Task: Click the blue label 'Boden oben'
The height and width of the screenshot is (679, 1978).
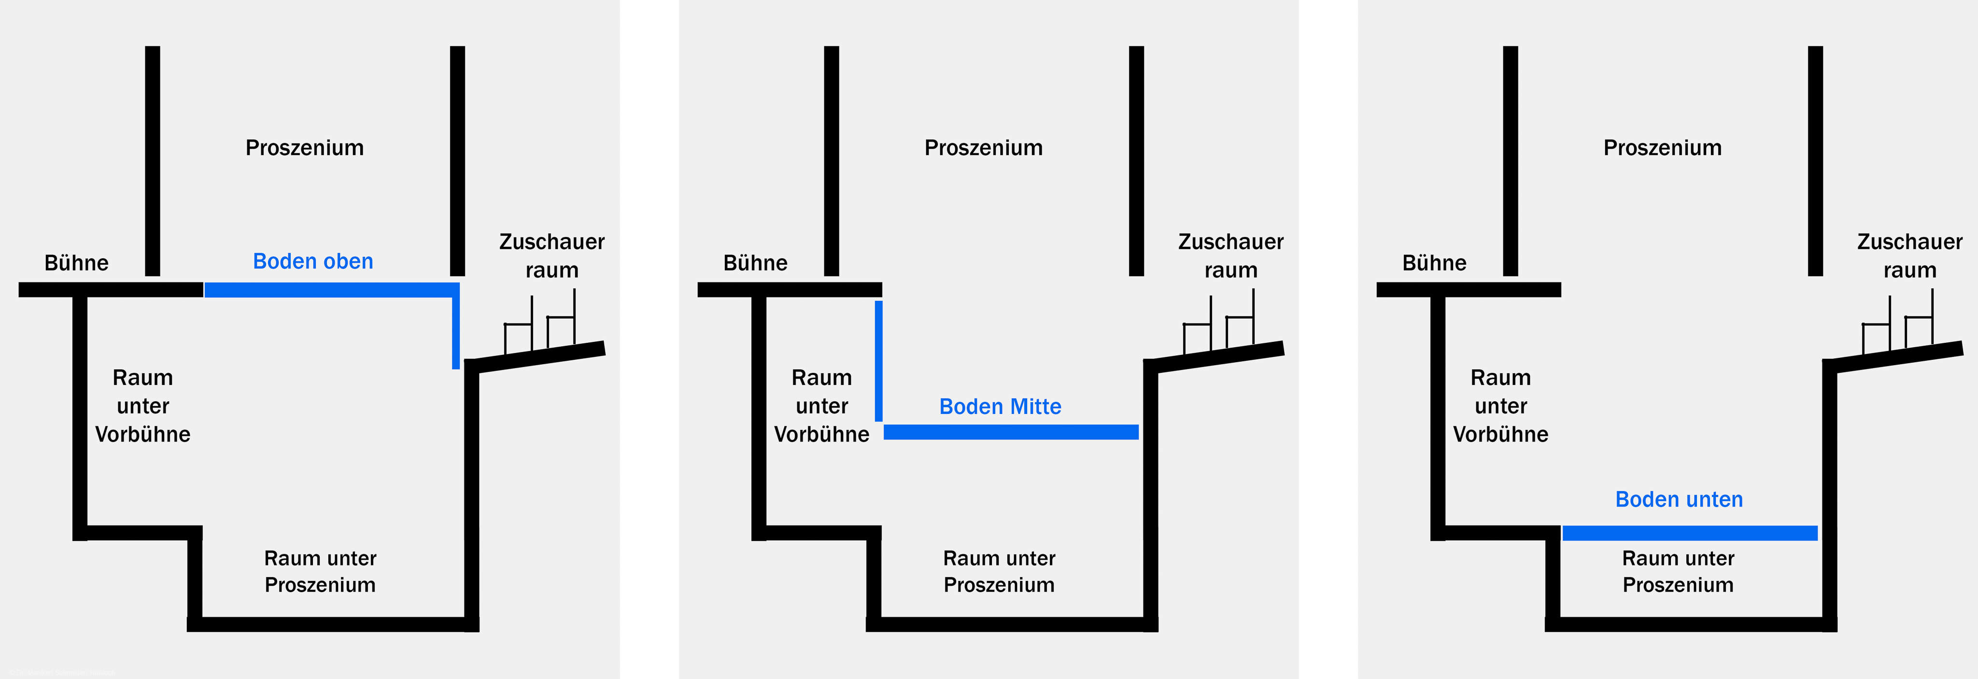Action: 312,261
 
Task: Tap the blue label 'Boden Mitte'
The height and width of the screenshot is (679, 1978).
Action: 1000,406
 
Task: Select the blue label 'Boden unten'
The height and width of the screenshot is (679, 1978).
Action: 1679,499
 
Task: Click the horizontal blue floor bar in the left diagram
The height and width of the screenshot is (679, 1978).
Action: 330,290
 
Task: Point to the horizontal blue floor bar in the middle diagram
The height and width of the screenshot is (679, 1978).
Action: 1011,432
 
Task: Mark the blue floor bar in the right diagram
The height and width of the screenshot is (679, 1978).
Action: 1689,533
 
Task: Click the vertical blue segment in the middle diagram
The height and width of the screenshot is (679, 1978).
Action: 878,361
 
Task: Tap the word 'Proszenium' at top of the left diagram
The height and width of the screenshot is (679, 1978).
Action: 304,147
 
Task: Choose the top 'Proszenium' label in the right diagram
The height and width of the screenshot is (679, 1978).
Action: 1662,147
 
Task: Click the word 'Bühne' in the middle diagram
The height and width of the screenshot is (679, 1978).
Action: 755,263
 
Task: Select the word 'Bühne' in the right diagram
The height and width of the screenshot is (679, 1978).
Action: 1434,263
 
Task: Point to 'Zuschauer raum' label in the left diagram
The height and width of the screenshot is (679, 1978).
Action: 551,256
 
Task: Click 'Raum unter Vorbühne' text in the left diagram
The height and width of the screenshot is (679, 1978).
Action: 143,406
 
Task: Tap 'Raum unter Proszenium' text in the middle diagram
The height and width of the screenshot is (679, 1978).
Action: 999,571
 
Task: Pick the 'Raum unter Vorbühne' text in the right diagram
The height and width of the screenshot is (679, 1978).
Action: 1500,406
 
